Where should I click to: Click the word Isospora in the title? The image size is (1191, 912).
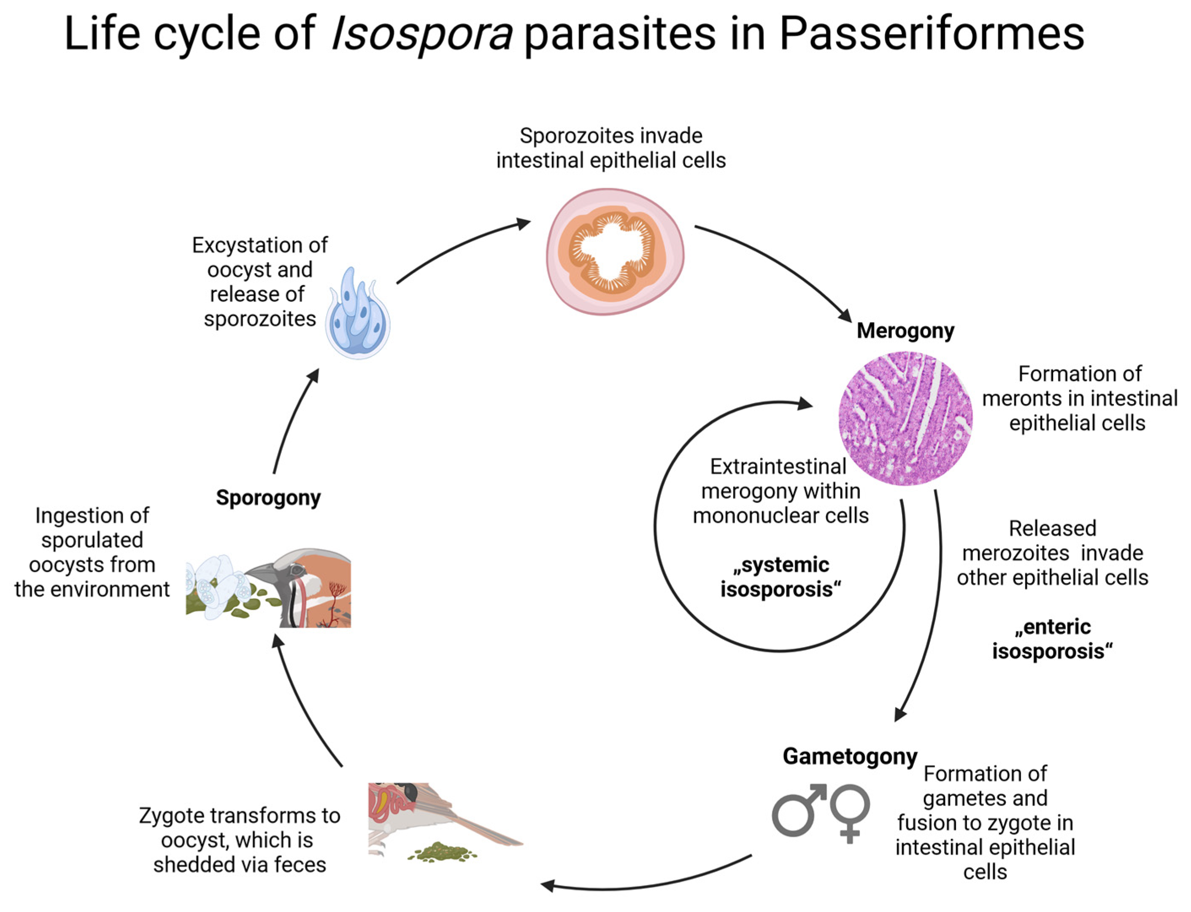tap(421, 34)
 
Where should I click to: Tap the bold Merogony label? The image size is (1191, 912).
tap(905, 331)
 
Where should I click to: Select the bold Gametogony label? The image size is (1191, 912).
tap(849, 756)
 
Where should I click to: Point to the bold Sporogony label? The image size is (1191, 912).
tap(268, 498)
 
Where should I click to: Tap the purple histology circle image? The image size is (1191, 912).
tap(905, 418)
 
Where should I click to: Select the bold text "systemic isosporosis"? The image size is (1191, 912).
tap(780, 577)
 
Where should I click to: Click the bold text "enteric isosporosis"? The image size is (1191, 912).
tap(1052, 639)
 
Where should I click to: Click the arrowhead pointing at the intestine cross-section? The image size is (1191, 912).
tap(524, 223)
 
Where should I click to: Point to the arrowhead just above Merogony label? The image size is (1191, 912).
tap(845, 315)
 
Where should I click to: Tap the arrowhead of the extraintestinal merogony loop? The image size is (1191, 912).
tap(805, 404)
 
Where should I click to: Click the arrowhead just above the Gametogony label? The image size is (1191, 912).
tap(900, 714)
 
